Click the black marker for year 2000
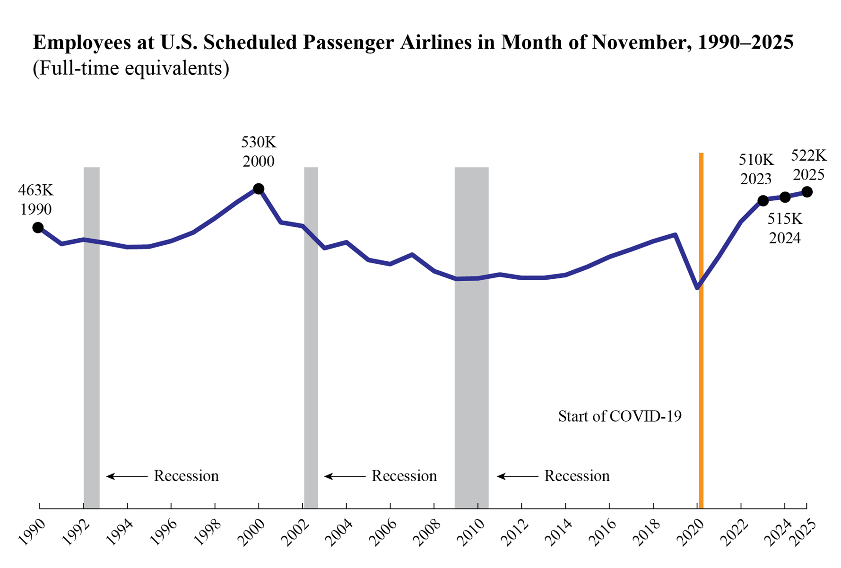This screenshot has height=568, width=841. pyautogui.click(x=259, y=189)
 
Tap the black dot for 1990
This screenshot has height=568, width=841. pyautogui.click(x=38, y=228)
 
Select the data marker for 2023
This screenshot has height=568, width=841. pyautogui.click(x=763, y=201)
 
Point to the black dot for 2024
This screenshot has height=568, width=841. pyautogui.click(x=785, y=197)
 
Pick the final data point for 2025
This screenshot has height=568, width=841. pyautogui.click(x=807, y=192)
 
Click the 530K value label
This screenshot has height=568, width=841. pyautogui.click(x=259, y=142)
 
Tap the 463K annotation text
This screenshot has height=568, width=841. pyautogui.click(x=36, y=190)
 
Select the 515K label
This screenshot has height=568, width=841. pyautogui.click(x=785, y=219)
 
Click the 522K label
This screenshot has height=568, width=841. pyautogui.click(x=808, y=155)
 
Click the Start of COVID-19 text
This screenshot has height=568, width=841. pyautogui.click(x=620, y=416)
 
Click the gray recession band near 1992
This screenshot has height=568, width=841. pyautogui.click(x=92, y=331)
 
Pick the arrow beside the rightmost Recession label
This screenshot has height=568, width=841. pyautogui.click(x=517, y=476)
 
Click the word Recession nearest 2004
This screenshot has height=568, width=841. pyautogui.click(x=404, y=476)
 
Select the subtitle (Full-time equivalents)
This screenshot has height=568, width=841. pyautogui.click(x=131, y=68)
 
